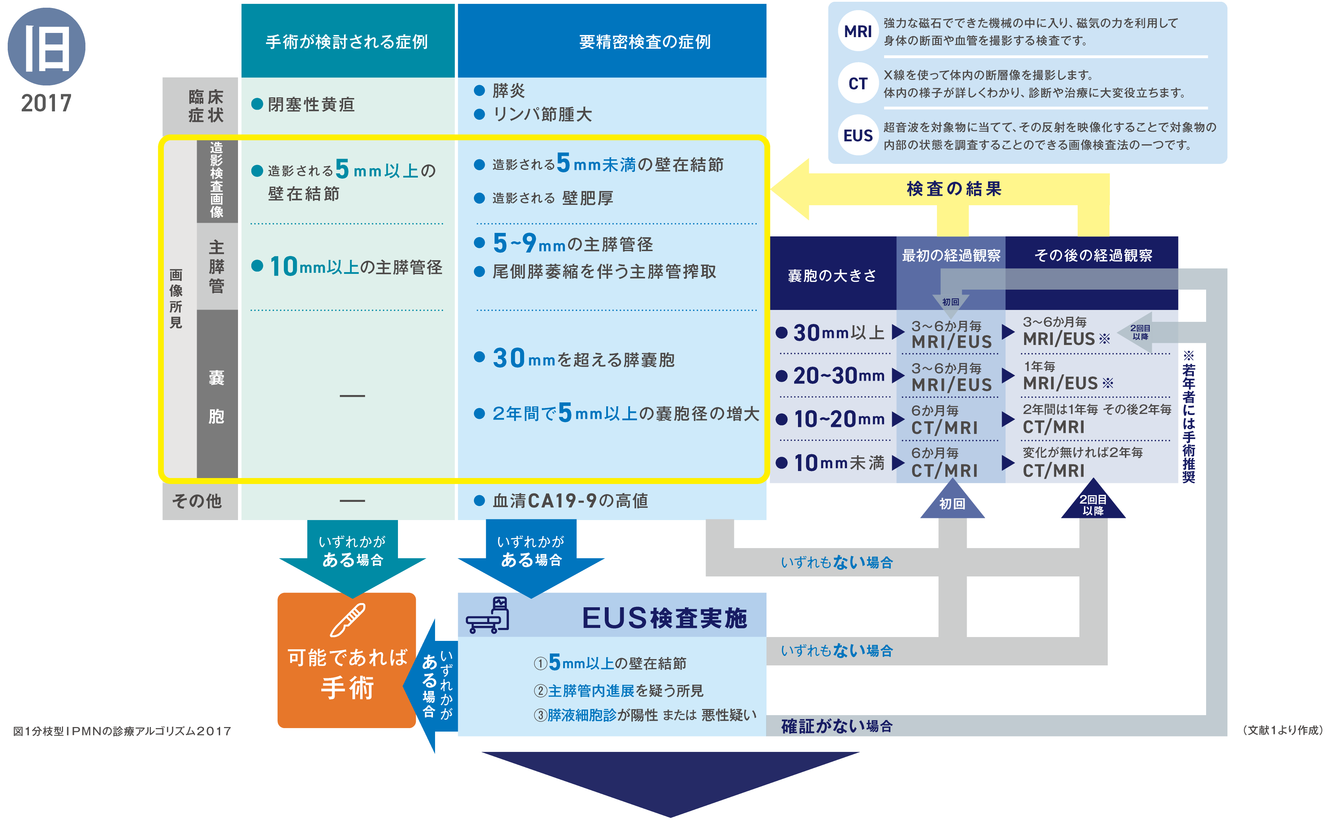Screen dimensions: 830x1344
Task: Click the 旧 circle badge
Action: tap(46, 47)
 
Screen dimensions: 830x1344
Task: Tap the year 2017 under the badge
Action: tap(46, 103)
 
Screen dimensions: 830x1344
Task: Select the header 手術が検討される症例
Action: tap(347, 42)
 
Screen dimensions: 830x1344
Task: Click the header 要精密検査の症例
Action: tap(645, 42)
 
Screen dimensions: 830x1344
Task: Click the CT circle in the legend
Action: tap(857, 83)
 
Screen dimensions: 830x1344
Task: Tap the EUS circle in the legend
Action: tap(857, 136)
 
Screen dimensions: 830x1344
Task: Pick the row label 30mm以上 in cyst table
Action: tap(838, 333)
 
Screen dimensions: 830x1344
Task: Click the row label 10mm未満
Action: tap(838, 463)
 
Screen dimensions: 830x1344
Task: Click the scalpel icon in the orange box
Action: tap(347, 620)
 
